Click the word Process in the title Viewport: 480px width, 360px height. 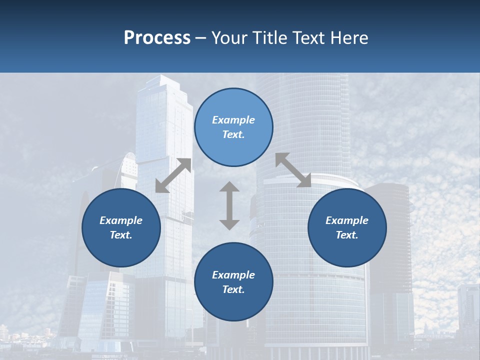tap(157, 38)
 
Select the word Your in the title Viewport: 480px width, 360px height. tap(230, 38)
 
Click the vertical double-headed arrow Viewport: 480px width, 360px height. tap(229, 205)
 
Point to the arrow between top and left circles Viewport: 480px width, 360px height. tap(173, 175)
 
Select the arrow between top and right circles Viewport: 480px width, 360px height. tap(293, 170)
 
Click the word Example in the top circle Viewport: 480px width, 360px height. tap(233, 120)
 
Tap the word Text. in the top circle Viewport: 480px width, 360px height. tap(233, 134)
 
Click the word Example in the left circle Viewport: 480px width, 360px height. tap(121, 220)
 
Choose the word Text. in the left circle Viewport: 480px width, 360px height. tap(121, 235)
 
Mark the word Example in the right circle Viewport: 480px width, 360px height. tap(347, 220)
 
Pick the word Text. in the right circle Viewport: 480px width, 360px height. tap(347, 235)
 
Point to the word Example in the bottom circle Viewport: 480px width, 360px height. tap(233, 275)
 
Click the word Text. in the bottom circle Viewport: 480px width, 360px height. tap(233, 289)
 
